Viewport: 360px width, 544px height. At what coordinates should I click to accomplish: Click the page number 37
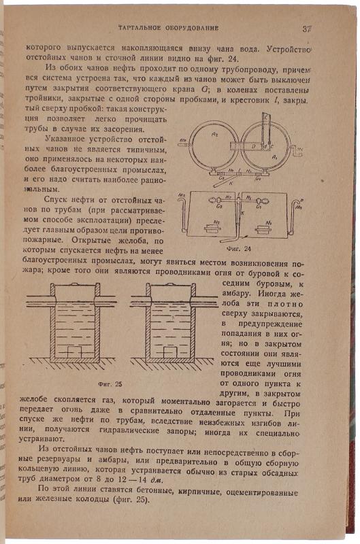tap(307, 29)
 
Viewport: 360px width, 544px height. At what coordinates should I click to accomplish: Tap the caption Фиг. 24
tap(238, 249)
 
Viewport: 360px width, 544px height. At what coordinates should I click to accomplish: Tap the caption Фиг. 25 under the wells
tap(110, 384)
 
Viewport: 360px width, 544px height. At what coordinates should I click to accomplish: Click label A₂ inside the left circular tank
tap(215, 134)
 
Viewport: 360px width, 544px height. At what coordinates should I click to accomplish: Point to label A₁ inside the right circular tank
tap(274, 157)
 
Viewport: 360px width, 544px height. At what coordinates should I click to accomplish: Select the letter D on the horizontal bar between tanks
tap(253, 146)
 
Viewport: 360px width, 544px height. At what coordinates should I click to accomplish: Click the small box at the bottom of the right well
tap(169, 352)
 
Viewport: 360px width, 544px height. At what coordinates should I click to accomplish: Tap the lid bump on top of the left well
tap(75, 284)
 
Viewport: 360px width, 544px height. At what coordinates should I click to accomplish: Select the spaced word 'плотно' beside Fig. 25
tap(285, 304)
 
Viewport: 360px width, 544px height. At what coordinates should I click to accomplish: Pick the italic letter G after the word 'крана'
tap(204, 89)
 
